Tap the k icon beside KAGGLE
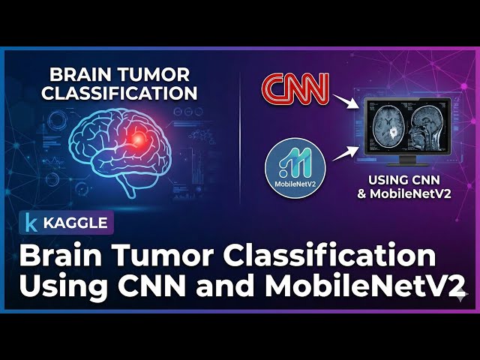31,223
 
